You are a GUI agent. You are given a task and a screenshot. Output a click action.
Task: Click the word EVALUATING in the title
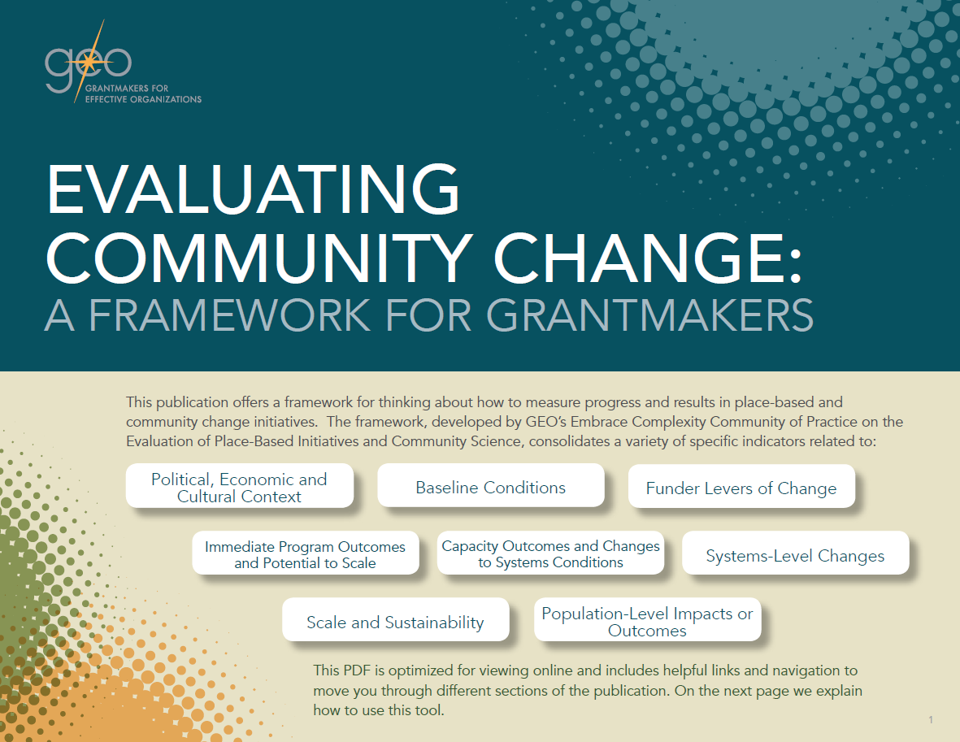[254, 190]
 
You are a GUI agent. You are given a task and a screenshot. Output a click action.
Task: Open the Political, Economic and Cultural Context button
[239, 487]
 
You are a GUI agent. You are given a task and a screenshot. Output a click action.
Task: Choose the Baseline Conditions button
[490, 488]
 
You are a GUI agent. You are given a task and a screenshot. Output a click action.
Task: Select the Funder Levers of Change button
[741, 488]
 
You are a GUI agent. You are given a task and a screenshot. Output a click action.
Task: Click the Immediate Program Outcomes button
[305, 554]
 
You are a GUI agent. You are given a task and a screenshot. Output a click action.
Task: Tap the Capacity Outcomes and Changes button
[550, 553]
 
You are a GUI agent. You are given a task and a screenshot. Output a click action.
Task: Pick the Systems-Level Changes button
[794, 556]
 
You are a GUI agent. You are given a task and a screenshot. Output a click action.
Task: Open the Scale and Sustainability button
[395, 623]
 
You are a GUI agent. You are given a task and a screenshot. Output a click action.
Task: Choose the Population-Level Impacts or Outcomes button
[647, 622]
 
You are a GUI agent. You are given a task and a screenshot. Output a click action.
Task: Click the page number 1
[930, 720]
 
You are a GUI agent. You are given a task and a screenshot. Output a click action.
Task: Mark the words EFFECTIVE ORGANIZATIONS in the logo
[143, 99]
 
